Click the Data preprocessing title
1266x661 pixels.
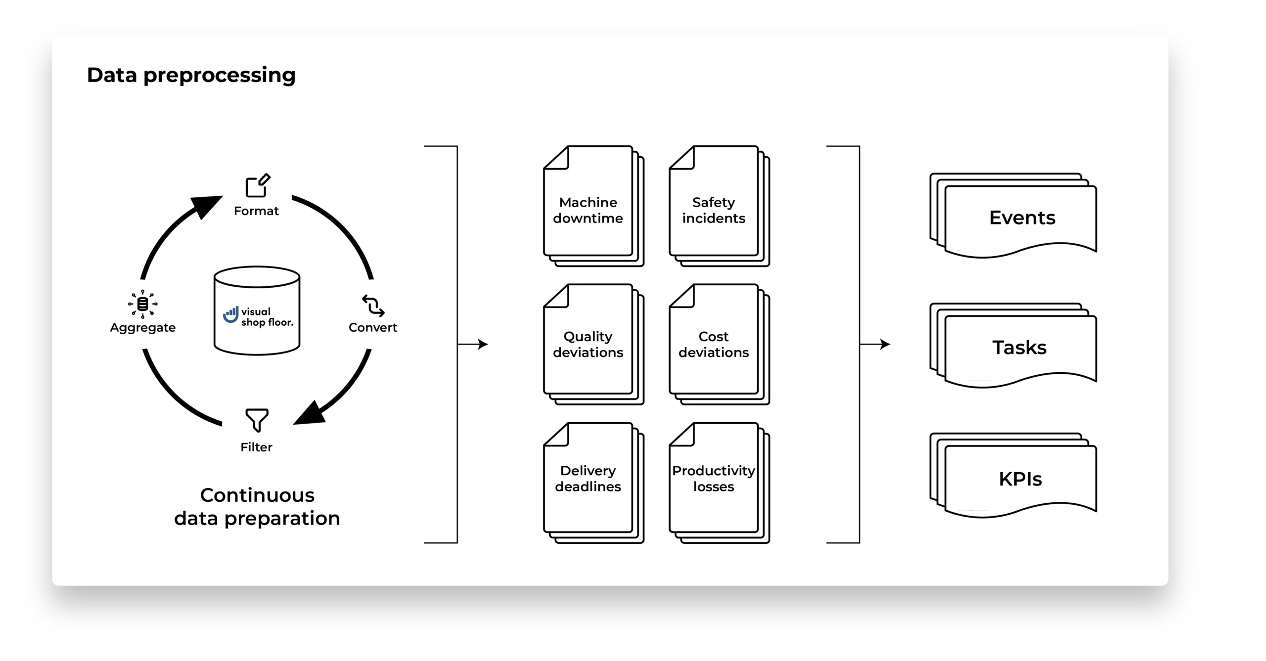[191, 75]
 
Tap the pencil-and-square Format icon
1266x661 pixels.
[258, 185]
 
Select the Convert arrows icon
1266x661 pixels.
[373, 306]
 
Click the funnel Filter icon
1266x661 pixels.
[257, 420]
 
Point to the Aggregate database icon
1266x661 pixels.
[142, 304]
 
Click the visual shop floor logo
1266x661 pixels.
[257, 316]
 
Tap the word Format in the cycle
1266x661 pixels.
[256, 211]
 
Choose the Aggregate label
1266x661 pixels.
[142, 328]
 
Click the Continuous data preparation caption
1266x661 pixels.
[257, 507]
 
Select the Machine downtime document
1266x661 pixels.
[588, 210]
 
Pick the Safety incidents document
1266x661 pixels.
[714, 210]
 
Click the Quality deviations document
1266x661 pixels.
[588, 344]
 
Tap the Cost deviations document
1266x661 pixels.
[714, 344]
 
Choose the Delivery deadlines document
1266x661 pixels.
[588, 479]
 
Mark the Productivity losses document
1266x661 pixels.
[714, 479]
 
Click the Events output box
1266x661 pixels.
[1022, 218]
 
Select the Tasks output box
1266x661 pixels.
[1020, 348]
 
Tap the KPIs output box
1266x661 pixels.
[1020, 479]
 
